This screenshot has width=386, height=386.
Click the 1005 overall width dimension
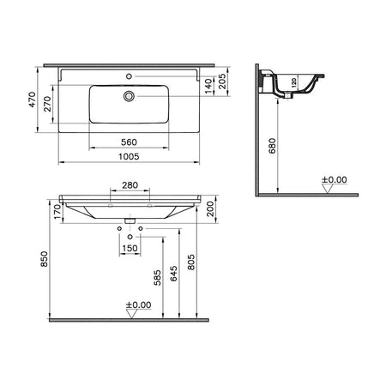click(129, 156)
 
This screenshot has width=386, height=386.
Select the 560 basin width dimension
click(129, 142)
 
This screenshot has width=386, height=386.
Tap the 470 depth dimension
click(33, 100)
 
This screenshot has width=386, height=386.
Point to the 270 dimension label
click(47, 104)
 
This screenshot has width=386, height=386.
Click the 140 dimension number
click(208, 86)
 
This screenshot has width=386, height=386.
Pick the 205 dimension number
click(222, 81)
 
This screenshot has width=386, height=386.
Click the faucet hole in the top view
click(129, 76)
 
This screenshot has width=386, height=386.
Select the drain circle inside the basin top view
click(129, 96)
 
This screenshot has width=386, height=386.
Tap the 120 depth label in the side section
click(294, 82)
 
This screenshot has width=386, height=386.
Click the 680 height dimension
click(273, 146)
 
